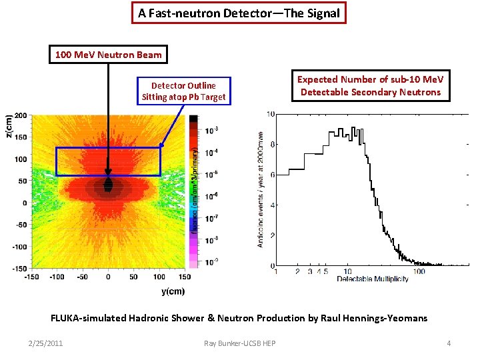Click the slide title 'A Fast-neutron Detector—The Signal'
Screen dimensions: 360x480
coord(239,13)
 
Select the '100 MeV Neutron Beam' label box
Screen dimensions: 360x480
coord(107,53)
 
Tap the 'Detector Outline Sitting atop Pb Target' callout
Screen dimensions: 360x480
coord(183,91)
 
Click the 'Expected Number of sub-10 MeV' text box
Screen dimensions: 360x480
coord(370,85)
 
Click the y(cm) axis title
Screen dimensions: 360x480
coord(172,291)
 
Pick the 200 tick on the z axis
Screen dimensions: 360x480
coord(21,115)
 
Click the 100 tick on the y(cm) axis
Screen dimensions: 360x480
coord(159,277)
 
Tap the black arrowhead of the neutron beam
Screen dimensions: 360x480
coord(108,185)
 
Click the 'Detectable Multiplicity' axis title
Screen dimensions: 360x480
coord(372,278)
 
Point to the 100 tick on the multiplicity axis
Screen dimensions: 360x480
coord(419,271)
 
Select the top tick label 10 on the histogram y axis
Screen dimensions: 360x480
coord(271,115)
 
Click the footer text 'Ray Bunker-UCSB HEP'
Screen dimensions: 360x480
coord(240,343)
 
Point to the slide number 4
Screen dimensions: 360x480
coord(449,343)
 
